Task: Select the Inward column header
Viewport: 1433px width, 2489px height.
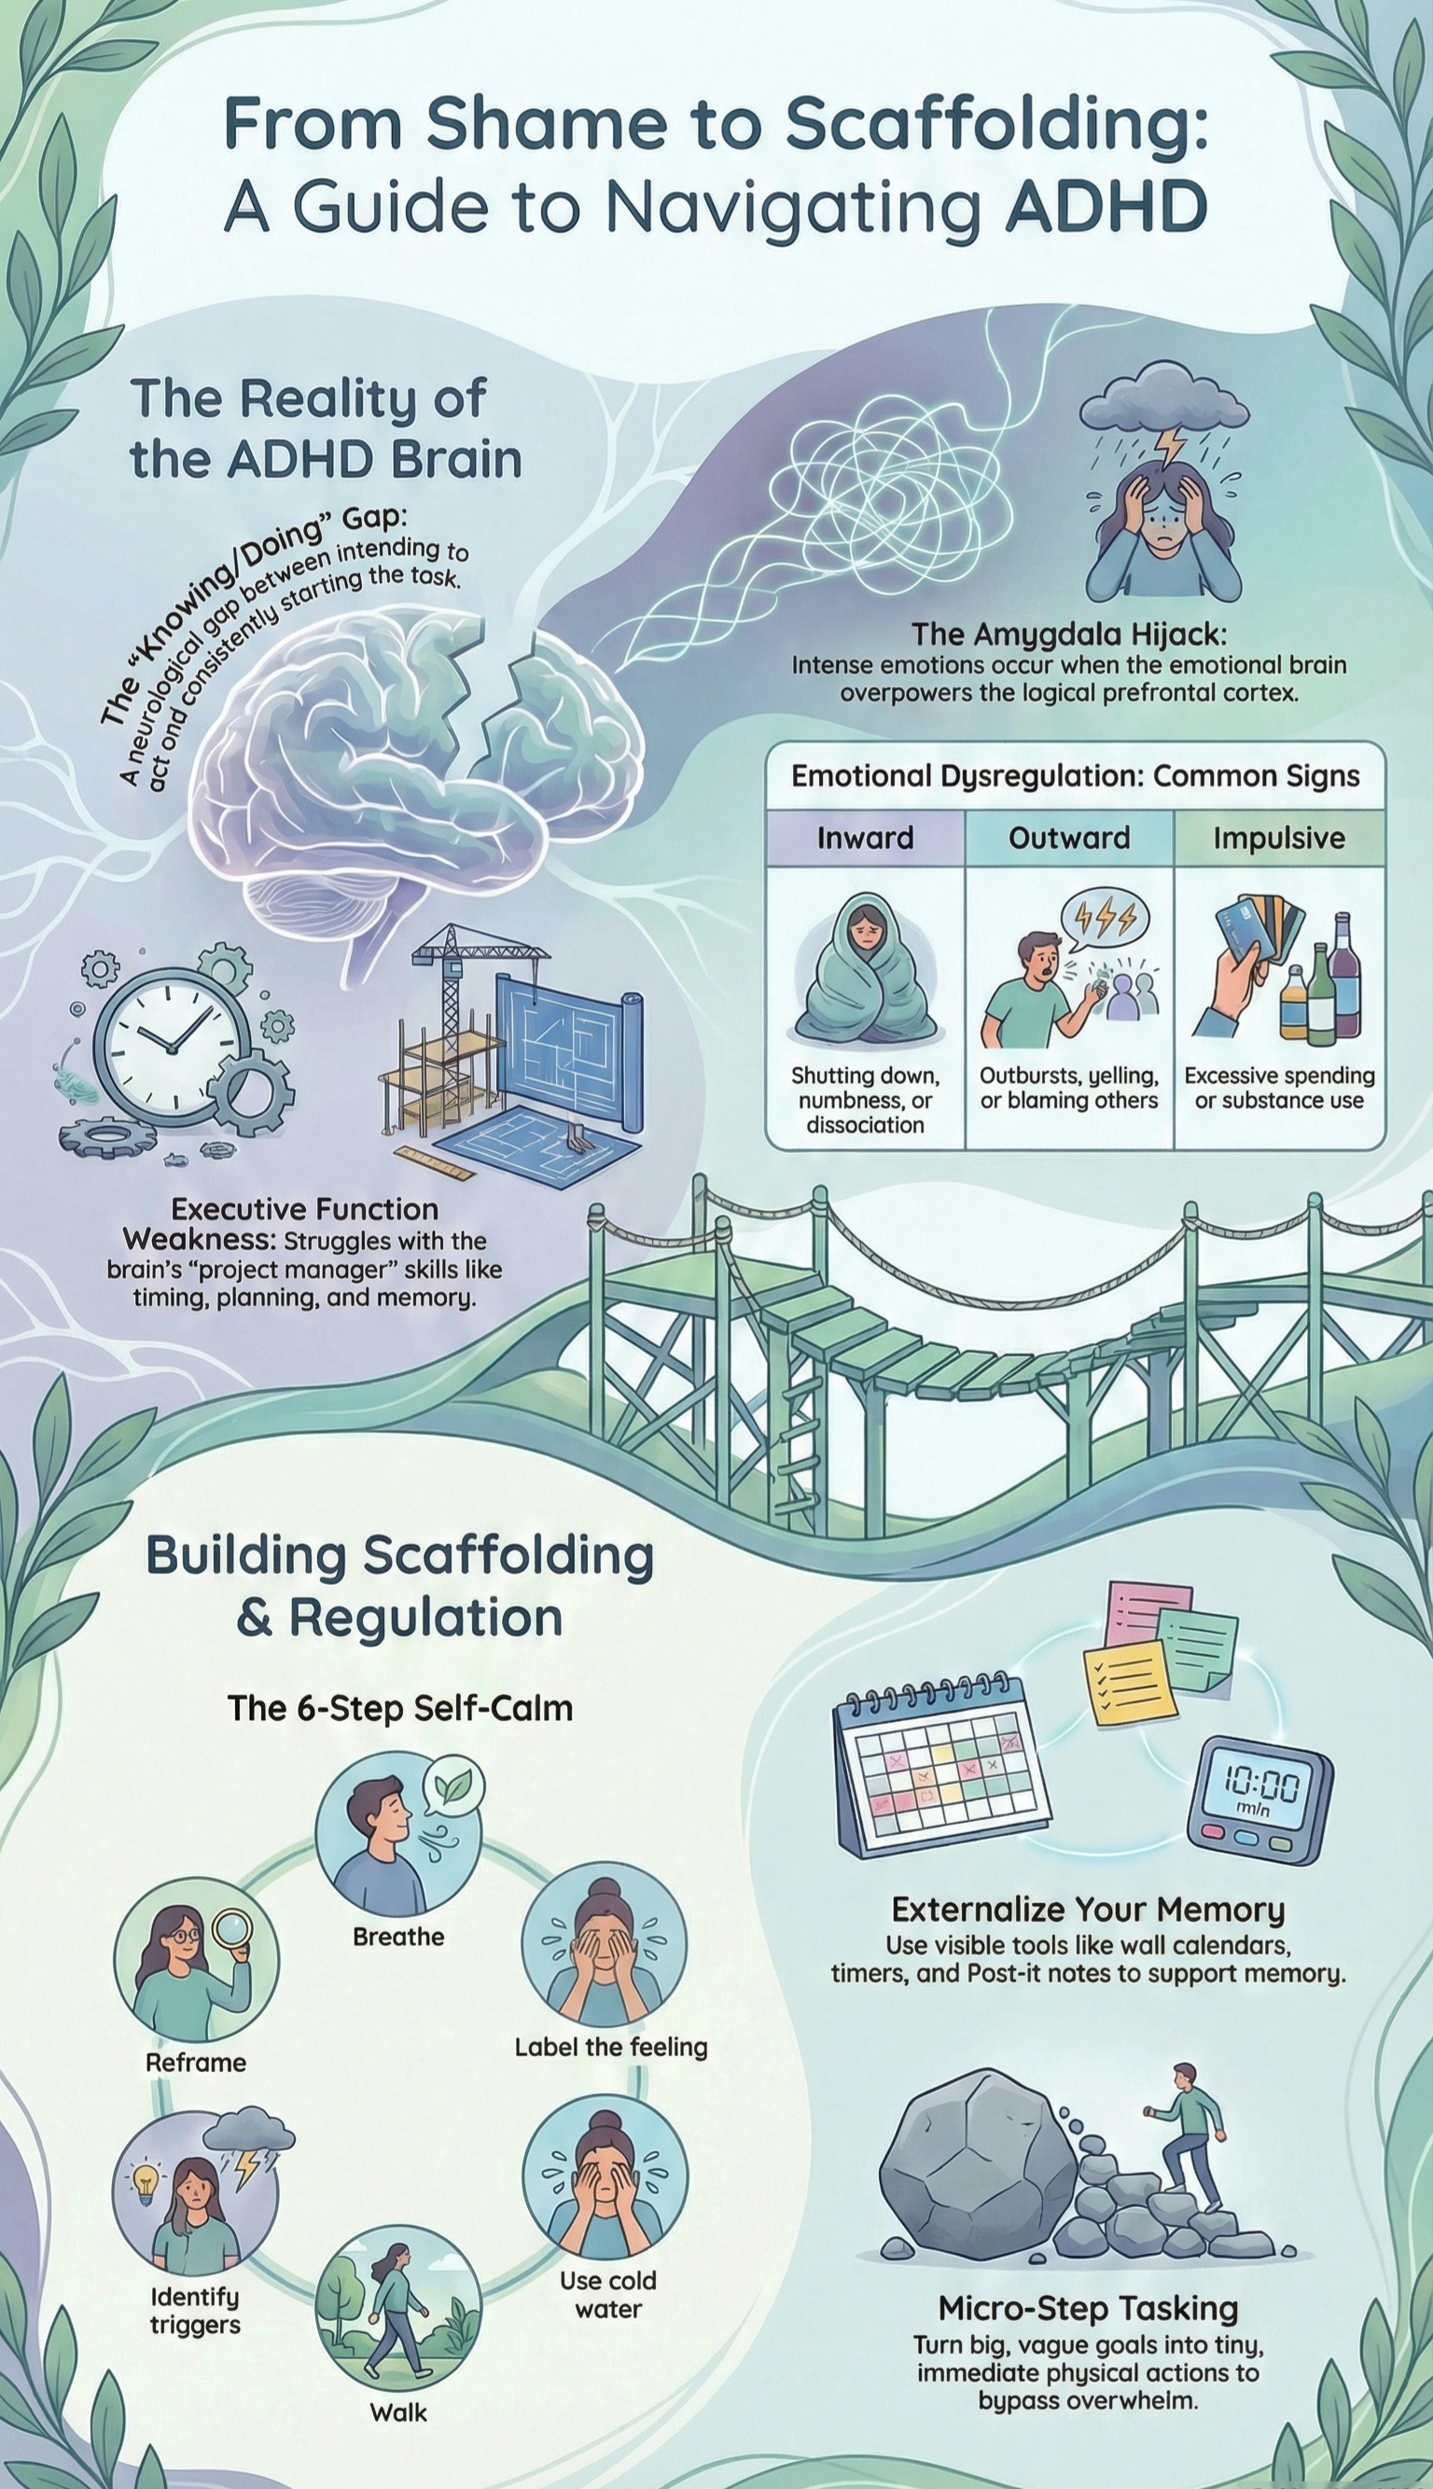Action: pyautogui.click(x=865, y=838)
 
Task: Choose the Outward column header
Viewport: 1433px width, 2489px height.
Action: pyautogui.click(x=1069, y=838)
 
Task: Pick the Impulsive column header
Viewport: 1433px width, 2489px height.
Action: pyautogui.click(x=1278, y=838)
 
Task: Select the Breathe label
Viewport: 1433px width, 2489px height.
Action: pyautogui.click(x=398, y=1881)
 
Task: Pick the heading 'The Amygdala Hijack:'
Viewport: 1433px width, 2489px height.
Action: pyautogui.click(x=1069, y=633)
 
